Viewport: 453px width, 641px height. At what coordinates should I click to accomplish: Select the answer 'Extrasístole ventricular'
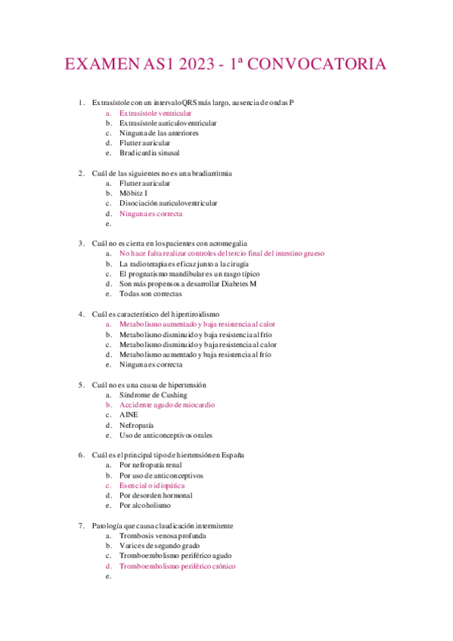155,113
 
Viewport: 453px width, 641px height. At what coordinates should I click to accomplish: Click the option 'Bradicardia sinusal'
149,153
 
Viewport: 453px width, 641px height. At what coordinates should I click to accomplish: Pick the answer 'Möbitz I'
133,194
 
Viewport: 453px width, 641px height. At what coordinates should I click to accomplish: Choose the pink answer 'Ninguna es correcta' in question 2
150,213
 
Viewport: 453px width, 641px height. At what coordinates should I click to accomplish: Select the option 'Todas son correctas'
150,294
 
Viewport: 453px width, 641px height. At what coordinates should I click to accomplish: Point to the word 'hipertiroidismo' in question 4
195,314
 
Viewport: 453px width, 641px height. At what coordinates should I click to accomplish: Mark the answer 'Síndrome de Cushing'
153,395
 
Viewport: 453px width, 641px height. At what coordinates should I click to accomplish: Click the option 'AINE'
129,415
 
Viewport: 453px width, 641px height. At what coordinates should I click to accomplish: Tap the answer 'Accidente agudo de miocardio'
168,405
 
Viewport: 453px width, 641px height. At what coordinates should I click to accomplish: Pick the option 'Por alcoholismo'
145,506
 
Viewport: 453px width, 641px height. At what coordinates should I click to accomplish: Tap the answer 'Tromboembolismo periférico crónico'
177,566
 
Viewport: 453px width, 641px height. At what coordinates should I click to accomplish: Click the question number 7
82,525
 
